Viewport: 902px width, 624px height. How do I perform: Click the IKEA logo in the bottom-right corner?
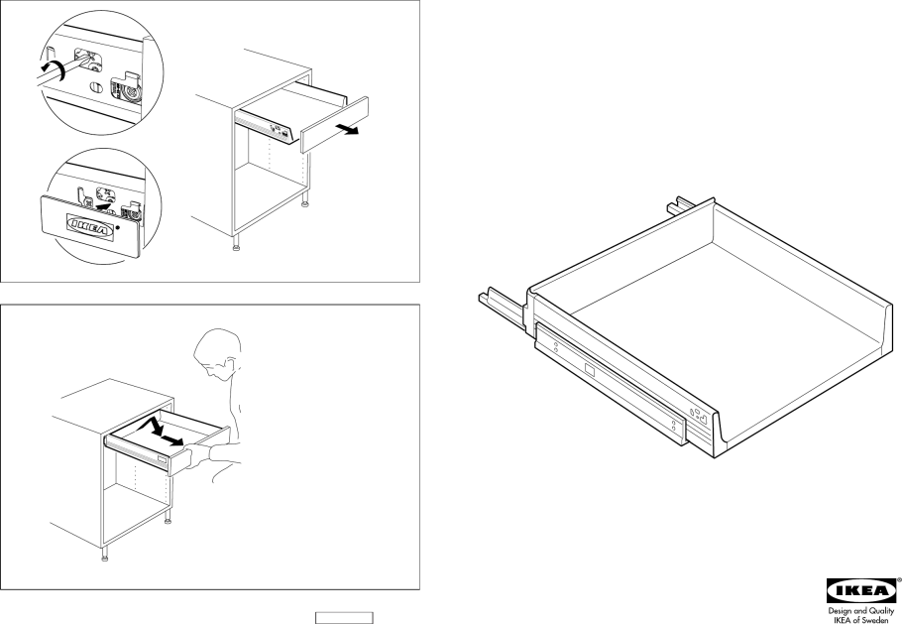[861, 591]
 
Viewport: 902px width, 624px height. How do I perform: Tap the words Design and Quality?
[861, 611]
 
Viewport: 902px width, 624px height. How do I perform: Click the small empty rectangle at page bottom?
[344, 618]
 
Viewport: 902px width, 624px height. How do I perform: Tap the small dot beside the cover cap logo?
[119, 227]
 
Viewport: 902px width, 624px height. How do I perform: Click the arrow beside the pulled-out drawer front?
[348, 129]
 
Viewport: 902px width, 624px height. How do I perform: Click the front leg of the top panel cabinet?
[236, 243]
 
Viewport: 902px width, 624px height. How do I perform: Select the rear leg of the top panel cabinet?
[304, 199]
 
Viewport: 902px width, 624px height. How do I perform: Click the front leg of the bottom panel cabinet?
[105, 554]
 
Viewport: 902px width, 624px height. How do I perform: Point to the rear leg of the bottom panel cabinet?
[168, 518]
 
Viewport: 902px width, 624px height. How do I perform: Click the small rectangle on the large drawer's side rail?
[590, 370]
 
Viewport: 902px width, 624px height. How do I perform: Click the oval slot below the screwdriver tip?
[97, 88]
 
